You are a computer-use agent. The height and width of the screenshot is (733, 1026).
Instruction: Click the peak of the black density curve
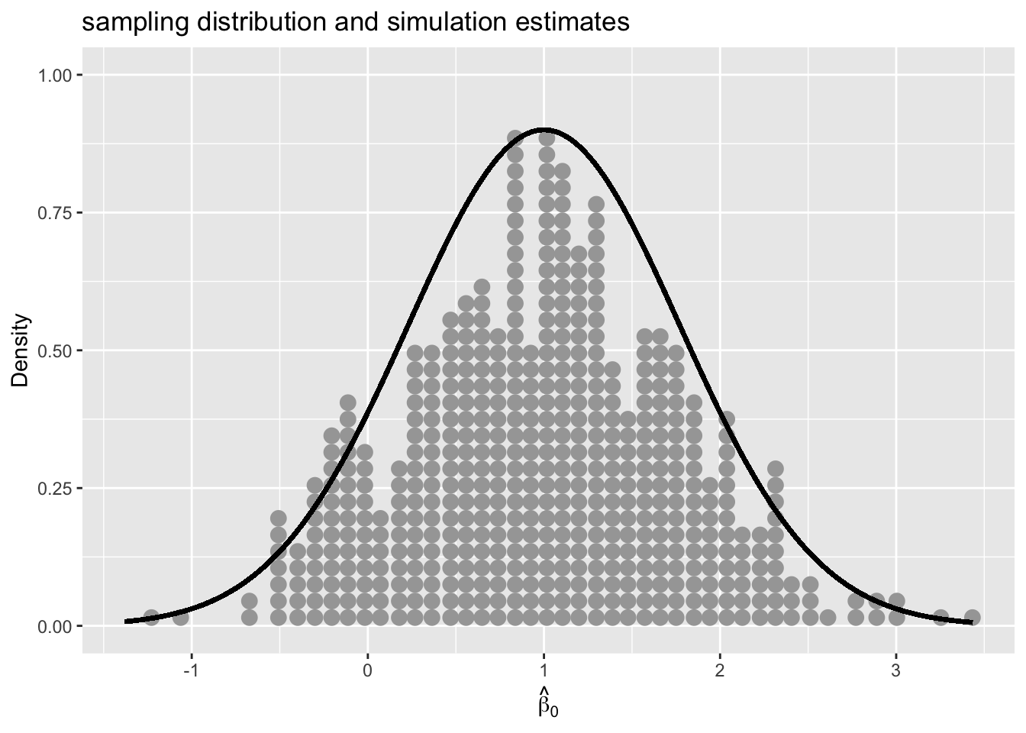[x=544, y=130]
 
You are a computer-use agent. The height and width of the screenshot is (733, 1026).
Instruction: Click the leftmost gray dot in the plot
[x=151, y=617]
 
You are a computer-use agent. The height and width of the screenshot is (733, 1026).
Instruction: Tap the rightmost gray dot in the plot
[x=972, y=617]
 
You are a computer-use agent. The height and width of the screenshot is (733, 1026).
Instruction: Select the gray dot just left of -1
[x=180, y=617]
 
